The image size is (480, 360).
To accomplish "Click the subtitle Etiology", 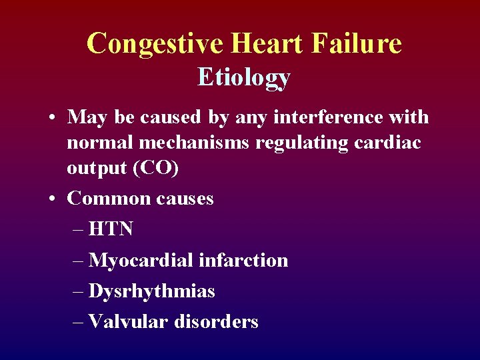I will pos(244,78).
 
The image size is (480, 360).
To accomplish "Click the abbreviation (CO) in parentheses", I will pos(156,168).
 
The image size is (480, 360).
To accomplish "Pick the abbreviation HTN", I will pos(111,229).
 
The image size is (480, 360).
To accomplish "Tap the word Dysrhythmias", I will pos(151,291).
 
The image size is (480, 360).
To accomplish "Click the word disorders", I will pos(216,322).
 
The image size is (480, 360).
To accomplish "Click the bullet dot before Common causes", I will pos(51,199).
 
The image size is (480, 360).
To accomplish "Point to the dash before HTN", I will pos(76,229).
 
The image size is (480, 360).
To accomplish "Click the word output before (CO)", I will pos(95,168).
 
